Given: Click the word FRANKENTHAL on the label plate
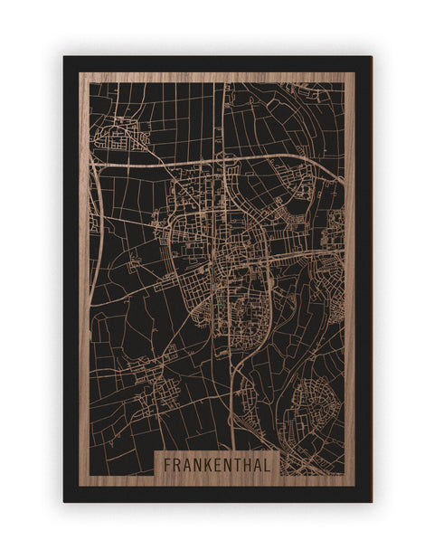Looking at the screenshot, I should coord(217,464).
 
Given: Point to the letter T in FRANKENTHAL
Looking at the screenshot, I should coord(238,464).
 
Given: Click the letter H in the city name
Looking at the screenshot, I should coord(248,464).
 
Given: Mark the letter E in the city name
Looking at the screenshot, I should coord(218,464).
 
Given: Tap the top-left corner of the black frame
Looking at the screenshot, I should coord(65,58).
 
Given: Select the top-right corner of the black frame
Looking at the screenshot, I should coord(370,58).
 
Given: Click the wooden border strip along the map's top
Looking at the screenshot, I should coord(217,77).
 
